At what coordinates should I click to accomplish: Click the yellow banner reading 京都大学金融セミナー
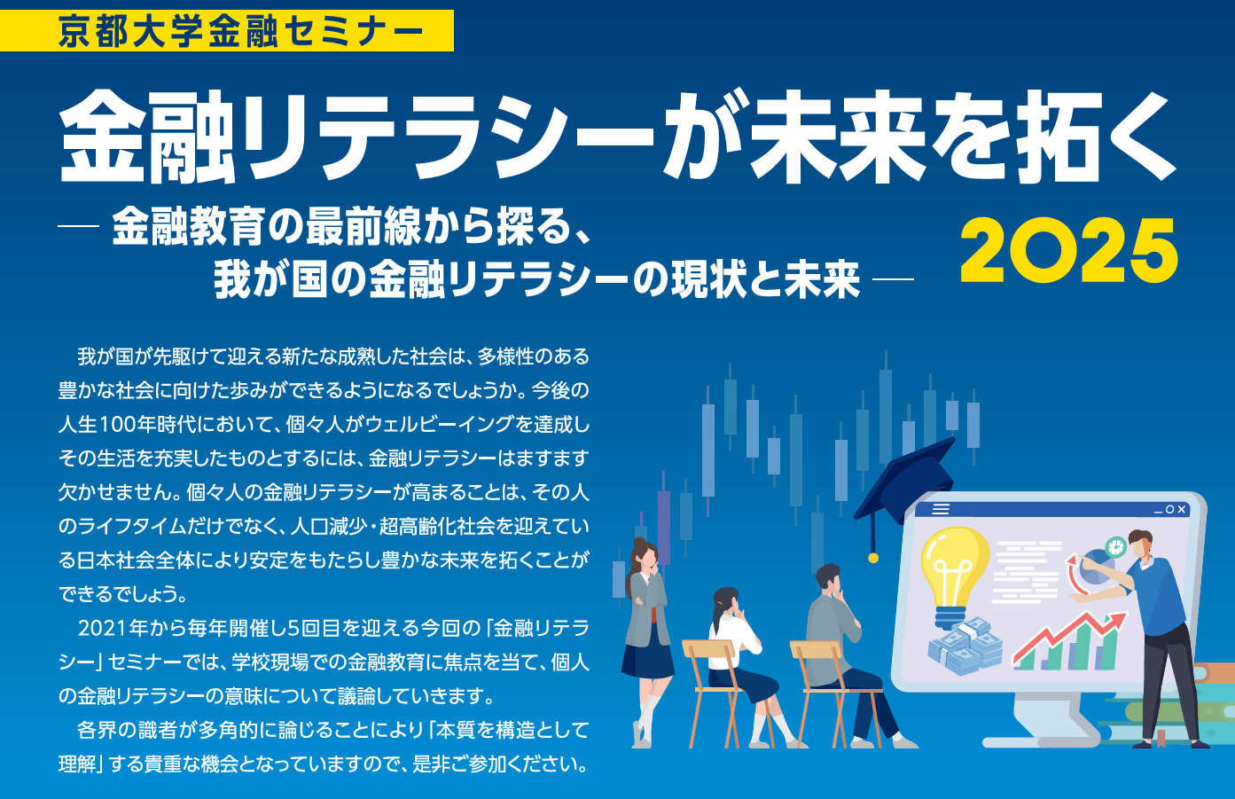(227, 30)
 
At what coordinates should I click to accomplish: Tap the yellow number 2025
(1069, 251)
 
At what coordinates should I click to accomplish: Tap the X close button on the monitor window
(1182, 510)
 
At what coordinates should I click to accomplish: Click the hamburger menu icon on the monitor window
(941, 509)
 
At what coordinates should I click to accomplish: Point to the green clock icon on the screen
(1115, 547)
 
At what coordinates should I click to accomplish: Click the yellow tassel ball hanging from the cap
(872, 558)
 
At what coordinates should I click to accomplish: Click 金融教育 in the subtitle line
(188, 226)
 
